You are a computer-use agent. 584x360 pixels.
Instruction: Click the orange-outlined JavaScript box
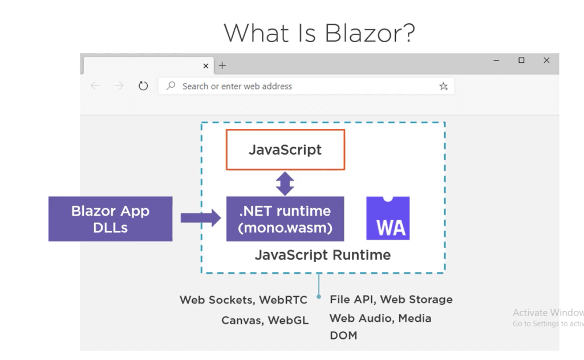pyautogui.click(x=285, y=150)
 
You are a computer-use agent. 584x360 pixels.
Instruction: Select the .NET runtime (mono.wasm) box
pyautogui.click(x=285, y=219)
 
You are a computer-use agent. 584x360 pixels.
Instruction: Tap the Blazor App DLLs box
pyautogui.click(x=110, y=219)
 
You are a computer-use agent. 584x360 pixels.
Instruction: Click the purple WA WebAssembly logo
pyautogui.click(x=388, y=219)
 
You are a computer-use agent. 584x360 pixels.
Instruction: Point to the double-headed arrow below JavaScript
pyautogui.click(x=285, y=184)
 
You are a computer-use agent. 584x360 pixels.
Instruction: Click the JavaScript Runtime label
pyautogui.click(x=322, y=255)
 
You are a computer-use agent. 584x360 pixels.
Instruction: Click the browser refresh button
pyautogui.click(x=143, y=86)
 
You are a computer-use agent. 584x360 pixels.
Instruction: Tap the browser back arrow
pyautogui.click(x=95, y=86)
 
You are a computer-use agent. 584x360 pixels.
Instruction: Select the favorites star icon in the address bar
pyautogui.click(x=443, y=86)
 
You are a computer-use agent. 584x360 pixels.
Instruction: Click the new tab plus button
pyautogui.click(x=222, y=66)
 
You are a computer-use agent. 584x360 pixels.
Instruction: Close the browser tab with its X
pyautogui.click(x=206, y=66)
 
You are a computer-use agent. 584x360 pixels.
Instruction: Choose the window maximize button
pyautogui.click(x=521, y=60)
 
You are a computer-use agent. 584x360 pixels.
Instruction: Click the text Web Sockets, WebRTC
pyautogui.click(x=244, y=300)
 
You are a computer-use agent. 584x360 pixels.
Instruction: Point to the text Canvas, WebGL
pyautogui.click(x=265, y=321)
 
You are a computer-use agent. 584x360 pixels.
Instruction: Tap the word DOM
pyautogui.click(x=343, y=335)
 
